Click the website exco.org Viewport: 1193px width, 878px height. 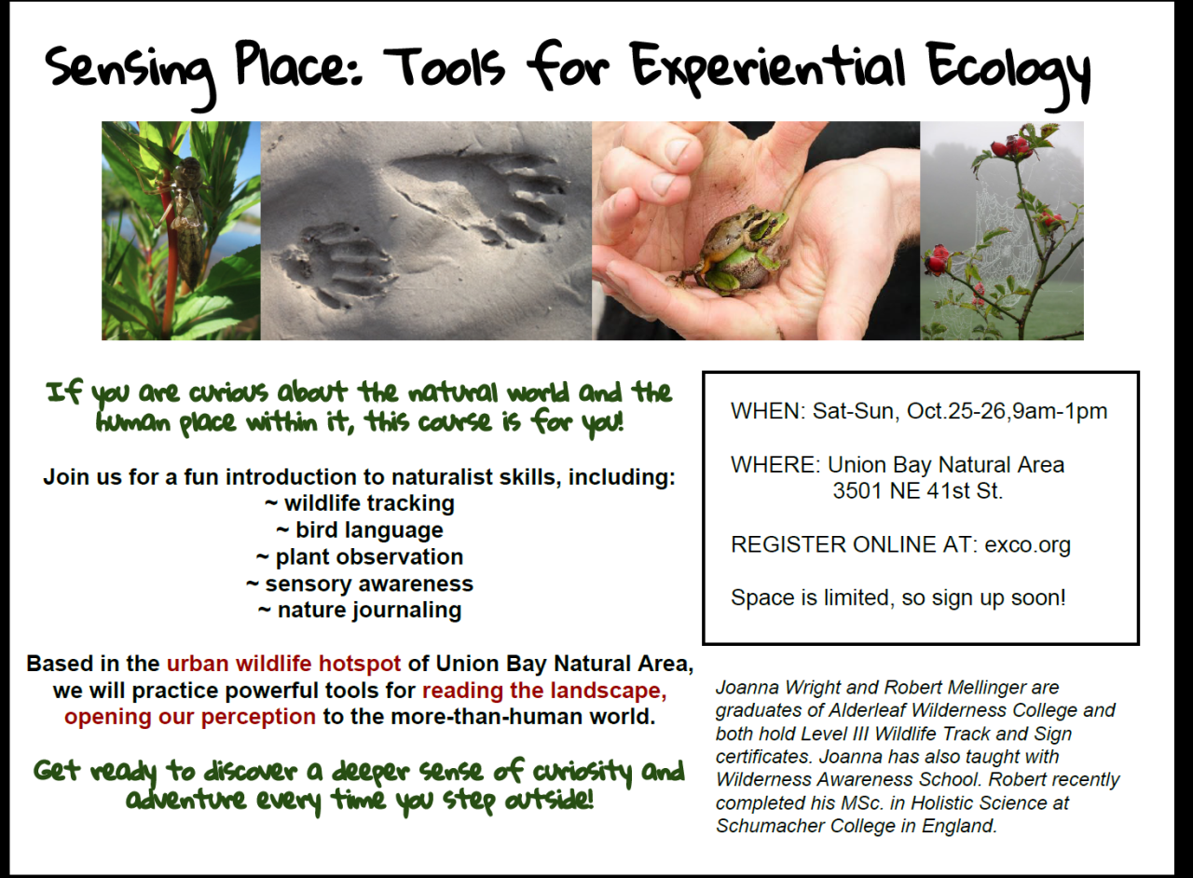point(1027,544)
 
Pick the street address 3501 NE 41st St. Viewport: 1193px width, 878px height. point(918,490)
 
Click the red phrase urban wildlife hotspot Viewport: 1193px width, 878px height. point(283,664)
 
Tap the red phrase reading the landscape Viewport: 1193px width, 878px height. point(544,691)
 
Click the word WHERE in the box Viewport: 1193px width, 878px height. point(773,464)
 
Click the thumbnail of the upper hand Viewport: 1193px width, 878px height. point(679,150)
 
